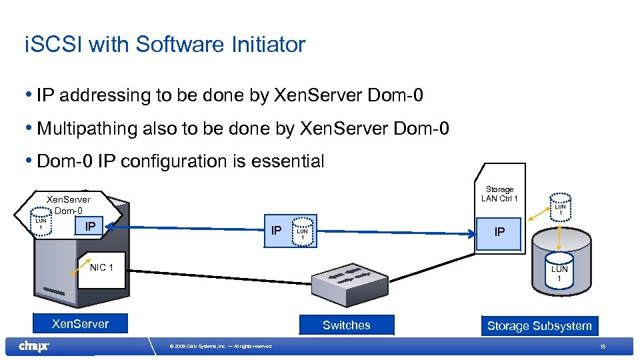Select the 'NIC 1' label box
[101, 268]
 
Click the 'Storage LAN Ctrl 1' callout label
[499, 194]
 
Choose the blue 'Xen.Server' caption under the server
[80, 324]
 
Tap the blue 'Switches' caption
[346, 325]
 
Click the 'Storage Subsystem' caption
[539, 326]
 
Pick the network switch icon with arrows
[346, 283]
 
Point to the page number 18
[602, 347]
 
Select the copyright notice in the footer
[221, 346]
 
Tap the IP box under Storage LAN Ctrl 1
[499, 232]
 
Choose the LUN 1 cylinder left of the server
[41, 225]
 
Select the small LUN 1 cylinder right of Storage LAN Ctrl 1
[560, 207]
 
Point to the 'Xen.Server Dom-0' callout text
[67, 205]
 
